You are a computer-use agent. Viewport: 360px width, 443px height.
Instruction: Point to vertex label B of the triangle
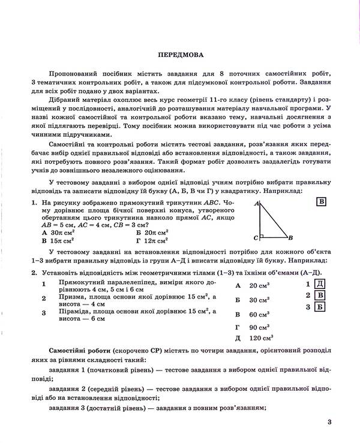pos(290,237)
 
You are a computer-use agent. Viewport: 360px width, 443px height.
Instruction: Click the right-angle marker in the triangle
pos(262,236)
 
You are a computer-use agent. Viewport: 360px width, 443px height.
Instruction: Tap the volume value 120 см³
pos(260,338)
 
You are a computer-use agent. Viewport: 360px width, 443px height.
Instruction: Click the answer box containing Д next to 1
pos(320,284)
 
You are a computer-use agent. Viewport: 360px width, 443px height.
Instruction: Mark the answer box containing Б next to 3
pos(320,308)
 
